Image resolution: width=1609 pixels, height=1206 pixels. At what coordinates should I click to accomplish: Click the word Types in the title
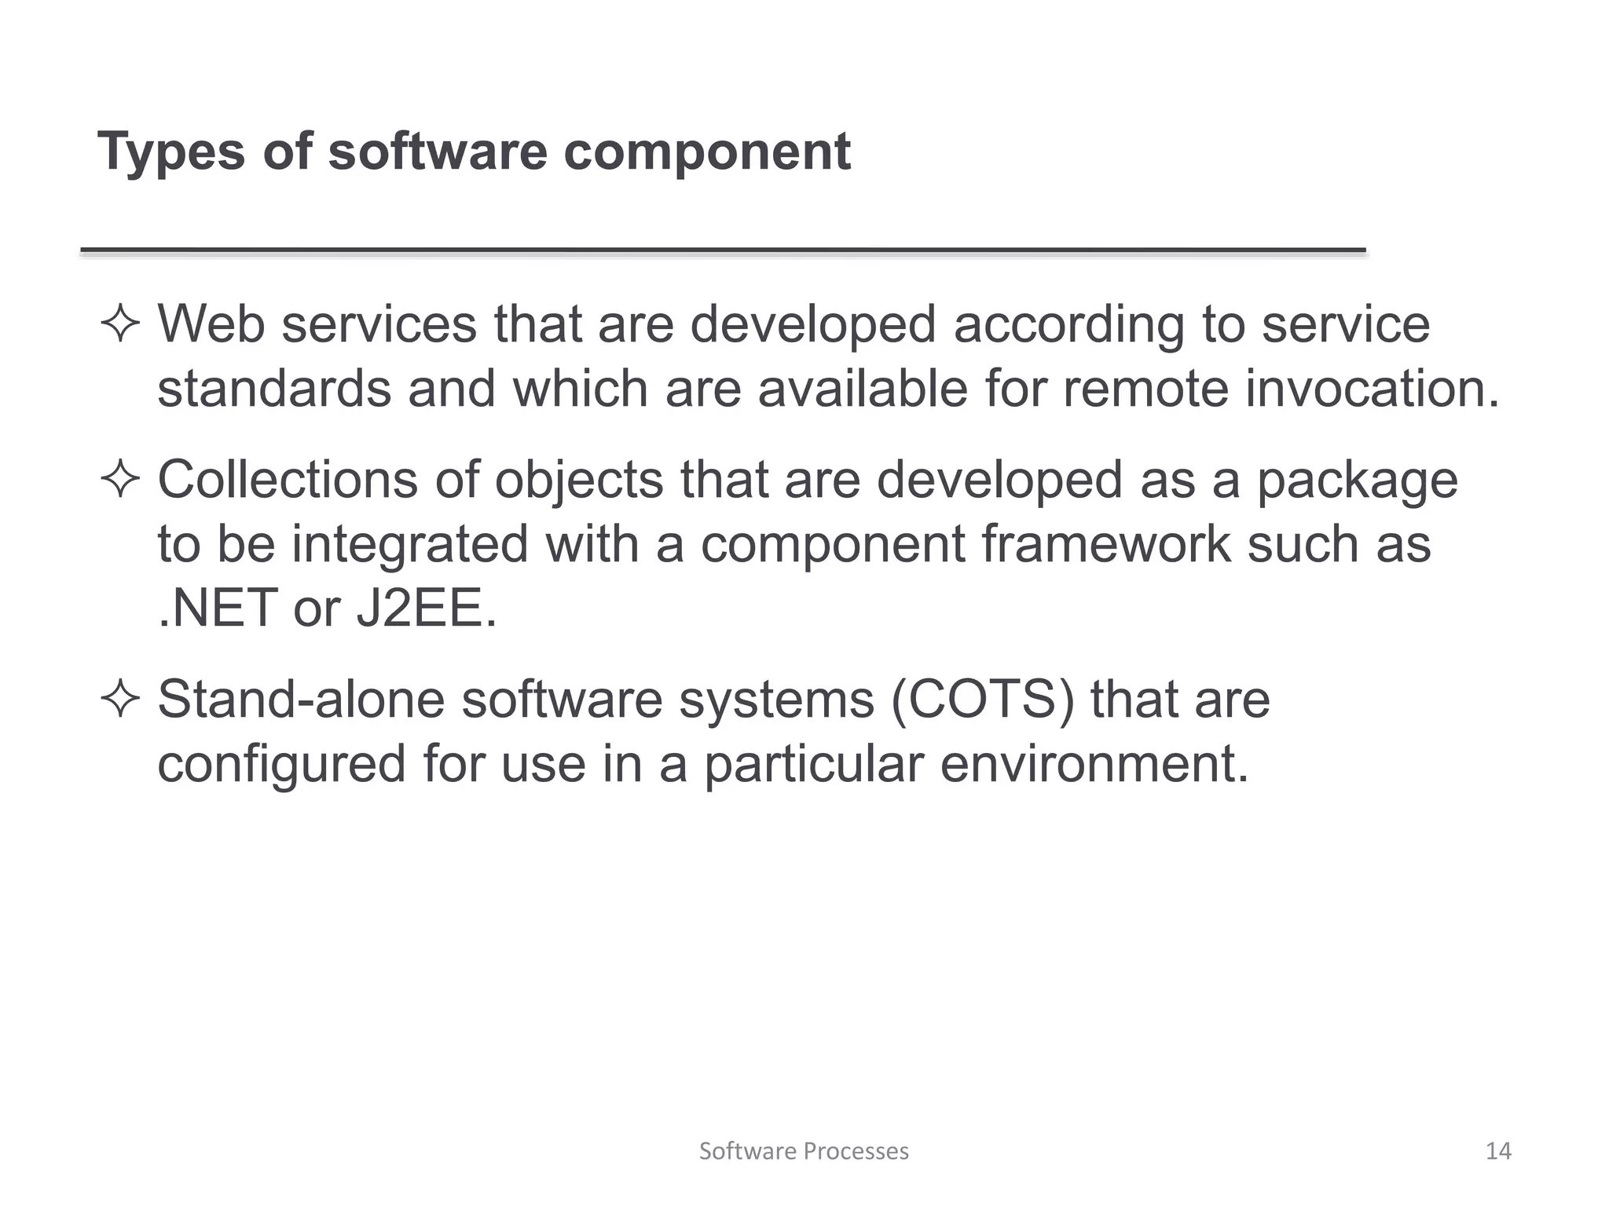[x=171, y=152]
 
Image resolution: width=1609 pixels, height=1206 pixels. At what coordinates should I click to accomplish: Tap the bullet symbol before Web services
[x=120, y=325]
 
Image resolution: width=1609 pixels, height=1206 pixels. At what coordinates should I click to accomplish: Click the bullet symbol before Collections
[x=120, y=481]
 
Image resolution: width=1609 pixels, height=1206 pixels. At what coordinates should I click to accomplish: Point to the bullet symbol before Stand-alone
[x=120, y=700]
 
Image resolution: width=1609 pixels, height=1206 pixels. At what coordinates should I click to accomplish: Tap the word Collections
[x=288, y=480]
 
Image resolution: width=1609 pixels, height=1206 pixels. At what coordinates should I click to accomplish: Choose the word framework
[x=1106, y=544]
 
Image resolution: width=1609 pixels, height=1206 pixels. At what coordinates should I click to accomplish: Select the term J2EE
[x=426, y=608]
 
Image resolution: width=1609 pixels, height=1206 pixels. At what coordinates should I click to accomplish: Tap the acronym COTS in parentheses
[x=982, y=699]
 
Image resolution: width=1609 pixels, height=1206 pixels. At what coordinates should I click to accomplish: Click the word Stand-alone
[x=301, y=699]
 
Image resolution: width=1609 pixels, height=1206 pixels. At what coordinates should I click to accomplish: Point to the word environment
[x=1094, y=764]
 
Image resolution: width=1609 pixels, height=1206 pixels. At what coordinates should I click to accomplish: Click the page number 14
[x=1498, y=1151]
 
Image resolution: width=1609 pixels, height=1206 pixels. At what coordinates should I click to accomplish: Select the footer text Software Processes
[x=804, y=1151]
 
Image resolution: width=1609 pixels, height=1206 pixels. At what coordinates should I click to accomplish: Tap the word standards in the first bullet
[x=274, y=389]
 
